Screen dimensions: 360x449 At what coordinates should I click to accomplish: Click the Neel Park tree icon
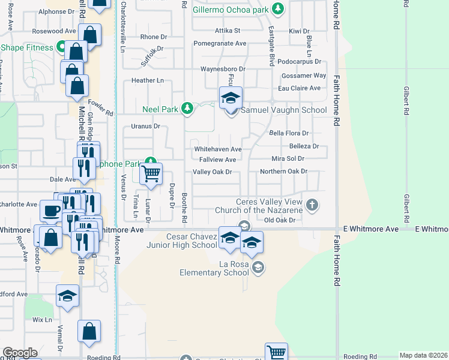[188, 108]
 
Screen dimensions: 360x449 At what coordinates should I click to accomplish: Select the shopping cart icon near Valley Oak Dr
[151, 173]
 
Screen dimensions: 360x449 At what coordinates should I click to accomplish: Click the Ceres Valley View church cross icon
[312, 205]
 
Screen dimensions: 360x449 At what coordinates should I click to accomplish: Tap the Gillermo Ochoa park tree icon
[277, 8]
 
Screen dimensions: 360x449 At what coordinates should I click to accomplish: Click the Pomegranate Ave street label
[220, 43]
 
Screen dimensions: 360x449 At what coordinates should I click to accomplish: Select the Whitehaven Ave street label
[217, 149]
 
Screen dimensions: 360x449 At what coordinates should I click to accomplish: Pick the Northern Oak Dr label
[283, 172]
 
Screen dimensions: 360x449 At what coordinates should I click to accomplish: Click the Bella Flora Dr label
[289, 133]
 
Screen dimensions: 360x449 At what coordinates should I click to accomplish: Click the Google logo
[20, 353]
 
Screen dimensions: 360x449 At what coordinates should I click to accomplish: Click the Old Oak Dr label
[280, 220]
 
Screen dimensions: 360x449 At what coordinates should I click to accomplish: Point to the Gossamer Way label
[306, 76]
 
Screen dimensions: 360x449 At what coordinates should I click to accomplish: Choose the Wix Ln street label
[43, 320]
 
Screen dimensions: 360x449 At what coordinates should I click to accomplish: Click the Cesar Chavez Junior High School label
[182, 241]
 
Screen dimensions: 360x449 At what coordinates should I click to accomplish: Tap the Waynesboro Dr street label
[223, 69]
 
